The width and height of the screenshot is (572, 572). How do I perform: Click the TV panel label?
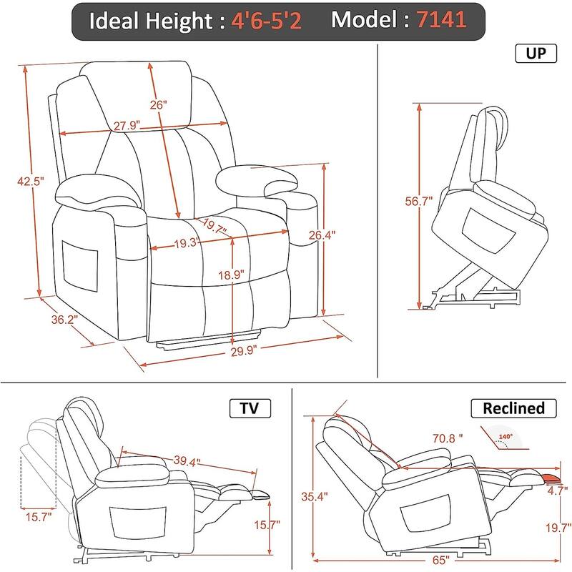click(x=250, y=408)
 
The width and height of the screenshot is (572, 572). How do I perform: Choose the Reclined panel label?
click(x=513, y=408)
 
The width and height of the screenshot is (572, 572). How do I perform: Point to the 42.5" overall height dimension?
click(x=31, y=181)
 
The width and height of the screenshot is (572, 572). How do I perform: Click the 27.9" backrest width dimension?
click(x=127, y=126)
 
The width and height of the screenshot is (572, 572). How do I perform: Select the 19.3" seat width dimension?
click(x=187, y=243)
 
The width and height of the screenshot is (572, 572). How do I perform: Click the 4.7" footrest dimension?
click(x=557, y=490)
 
